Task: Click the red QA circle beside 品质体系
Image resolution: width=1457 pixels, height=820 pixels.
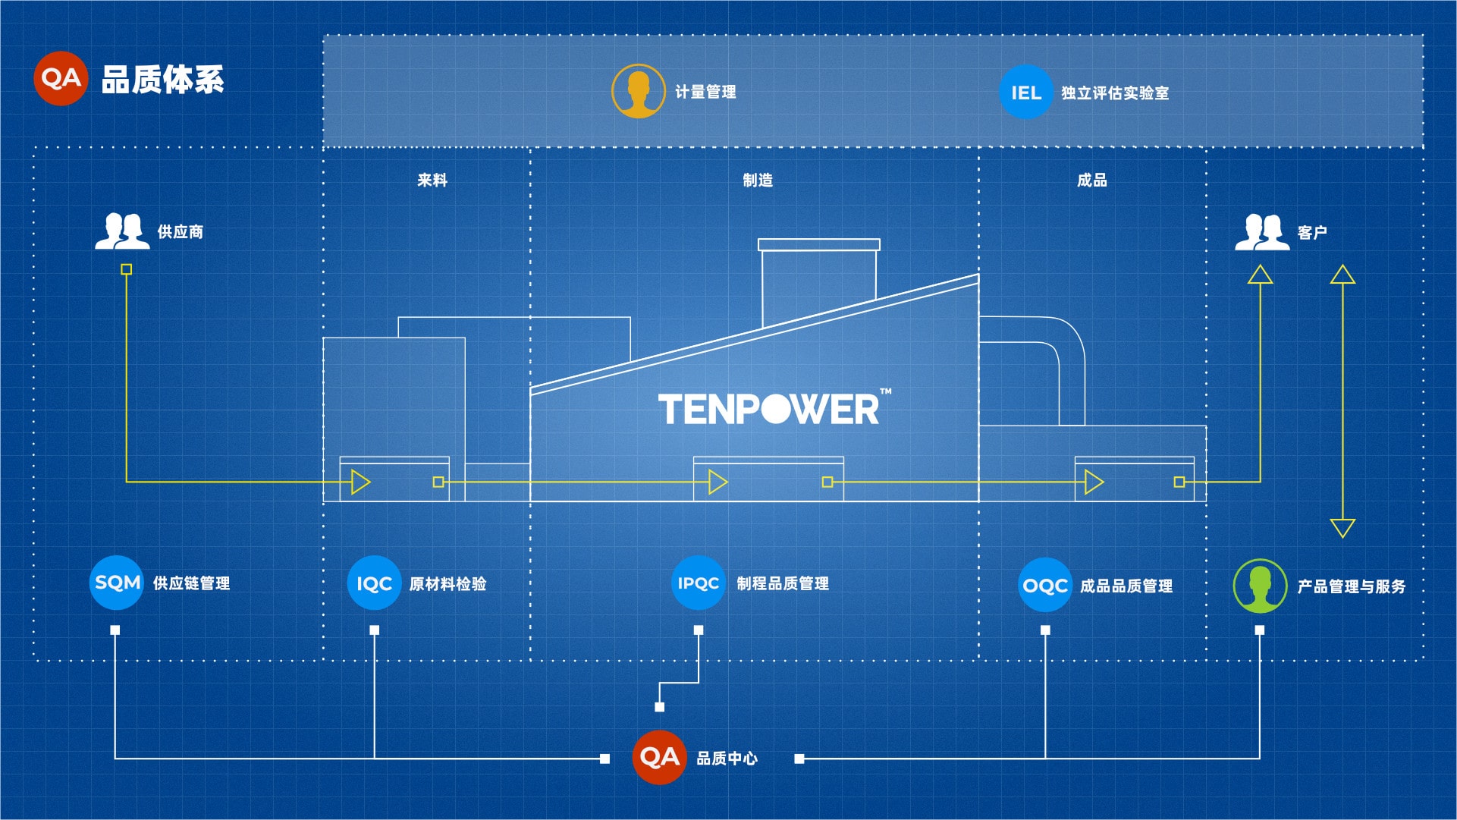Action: click(x=61, y=78)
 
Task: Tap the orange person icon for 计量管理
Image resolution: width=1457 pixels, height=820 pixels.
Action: click(x=638, y=92)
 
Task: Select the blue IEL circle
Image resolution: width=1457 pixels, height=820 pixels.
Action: click(x=1025, y=93)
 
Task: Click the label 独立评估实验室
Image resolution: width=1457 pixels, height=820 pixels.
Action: click(x=1114, y=93)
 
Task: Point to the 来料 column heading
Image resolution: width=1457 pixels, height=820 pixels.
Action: click(x=432, y=181)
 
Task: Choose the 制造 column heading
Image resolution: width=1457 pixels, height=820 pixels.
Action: click(x=758, y=181)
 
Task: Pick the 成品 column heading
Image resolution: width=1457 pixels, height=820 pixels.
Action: click(x=1091, y=181)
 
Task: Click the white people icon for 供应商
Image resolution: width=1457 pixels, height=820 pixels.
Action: click(x=122, y=231)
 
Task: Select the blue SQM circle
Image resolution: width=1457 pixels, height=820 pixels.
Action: click(x=117, y=583)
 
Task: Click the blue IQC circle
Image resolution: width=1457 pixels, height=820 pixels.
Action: click(x=374, y=583)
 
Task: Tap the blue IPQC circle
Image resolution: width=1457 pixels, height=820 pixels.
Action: click(x=698, y=583)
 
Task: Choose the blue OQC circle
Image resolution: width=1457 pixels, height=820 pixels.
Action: click(x=1044, y=586)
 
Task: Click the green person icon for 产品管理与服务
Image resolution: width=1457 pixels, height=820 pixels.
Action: click(x=1260, y=586)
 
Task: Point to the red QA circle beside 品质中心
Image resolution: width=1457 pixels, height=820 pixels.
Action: click(x=659, y=757)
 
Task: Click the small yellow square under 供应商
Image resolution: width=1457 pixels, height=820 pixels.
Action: click(x=127, y=269)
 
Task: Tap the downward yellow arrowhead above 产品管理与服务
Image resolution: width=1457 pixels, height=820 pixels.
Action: click(x=1342, y=528)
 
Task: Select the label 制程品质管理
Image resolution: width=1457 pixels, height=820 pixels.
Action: click(x=782, y=583)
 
